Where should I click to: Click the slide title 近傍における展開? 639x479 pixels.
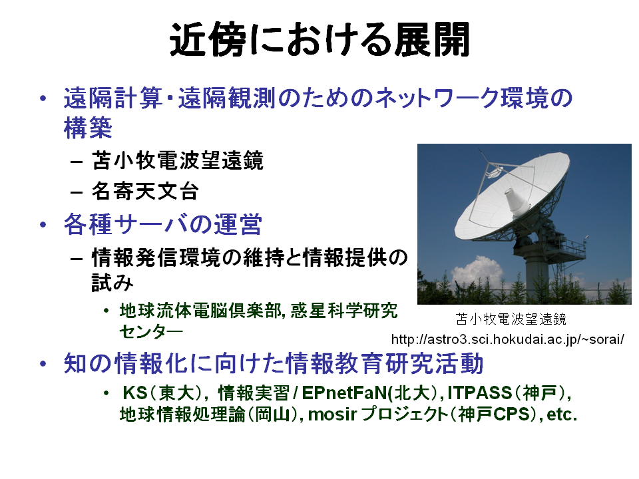(320, 39)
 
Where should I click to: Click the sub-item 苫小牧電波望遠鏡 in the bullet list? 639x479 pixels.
(178, 160)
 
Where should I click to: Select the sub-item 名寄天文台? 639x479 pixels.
(145, 191)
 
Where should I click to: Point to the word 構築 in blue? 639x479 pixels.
(88, 127)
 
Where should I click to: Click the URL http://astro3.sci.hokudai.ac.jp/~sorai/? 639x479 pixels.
(507, 339)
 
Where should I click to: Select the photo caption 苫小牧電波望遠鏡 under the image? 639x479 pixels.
(511, 319)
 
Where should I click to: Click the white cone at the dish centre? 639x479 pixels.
(517, 202)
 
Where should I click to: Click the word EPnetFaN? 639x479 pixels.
(345, 393)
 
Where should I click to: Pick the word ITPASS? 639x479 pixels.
(479, 393)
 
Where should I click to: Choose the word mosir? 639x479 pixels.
(333, 414)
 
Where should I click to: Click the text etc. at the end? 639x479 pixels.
(562, 414)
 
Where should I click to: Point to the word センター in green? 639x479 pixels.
(151, 331)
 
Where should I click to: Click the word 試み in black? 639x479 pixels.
(112, 282)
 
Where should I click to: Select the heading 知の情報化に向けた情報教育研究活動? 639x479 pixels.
(274, 363)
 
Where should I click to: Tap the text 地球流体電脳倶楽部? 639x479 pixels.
(199, 311)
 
